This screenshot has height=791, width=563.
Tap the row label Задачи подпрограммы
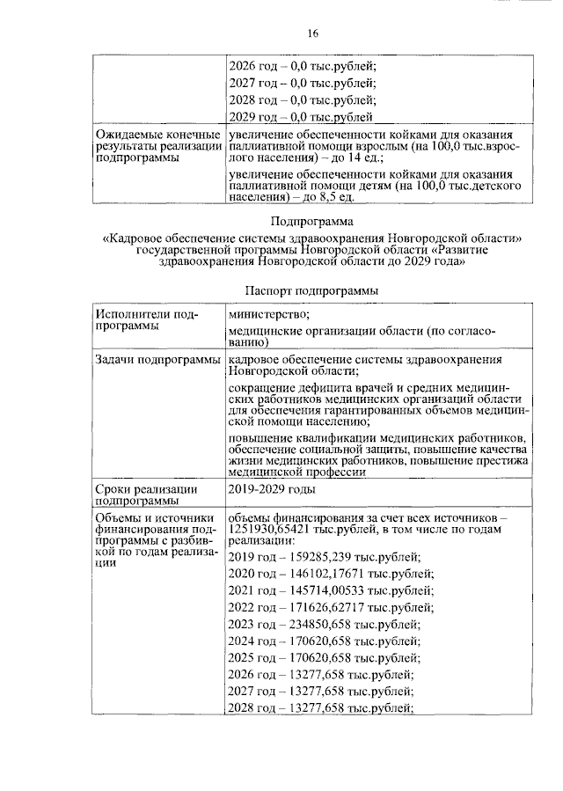(158, 361)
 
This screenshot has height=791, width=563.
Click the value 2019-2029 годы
(270, 489)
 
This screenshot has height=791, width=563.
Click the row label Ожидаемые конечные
(157, 134)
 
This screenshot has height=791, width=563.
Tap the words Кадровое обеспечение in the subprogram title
(175, 238)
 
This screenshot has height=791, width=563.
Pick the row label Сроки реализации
(146, 489)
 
